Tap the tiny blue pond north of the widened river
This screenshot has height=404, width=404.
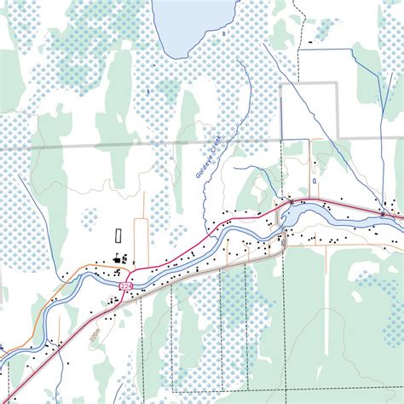315,182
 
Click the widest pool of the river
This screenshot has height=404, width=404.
290,216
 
